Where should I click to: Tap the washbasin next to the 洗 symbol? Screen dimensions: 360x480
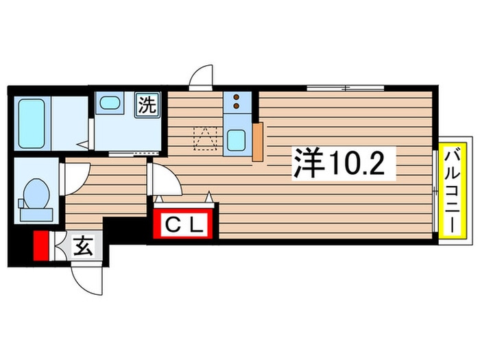[109, 104]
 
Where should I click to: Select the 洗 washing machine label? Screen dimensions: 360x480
[148, 106]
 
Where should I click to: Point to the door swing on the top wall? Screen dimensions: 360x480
[202, 77]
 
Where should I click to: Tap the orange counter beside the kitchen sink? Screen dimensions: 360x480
[258, 143]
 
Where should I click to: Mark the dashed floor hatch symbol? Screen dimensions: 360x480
[204, 137]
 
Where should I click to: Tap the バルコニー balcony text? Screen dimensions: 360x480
[453, 188]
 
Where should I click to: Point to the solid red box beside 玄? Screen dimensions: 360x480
[42, 246]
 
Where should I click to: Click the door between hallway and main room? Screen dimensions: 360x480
[165, 182]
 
